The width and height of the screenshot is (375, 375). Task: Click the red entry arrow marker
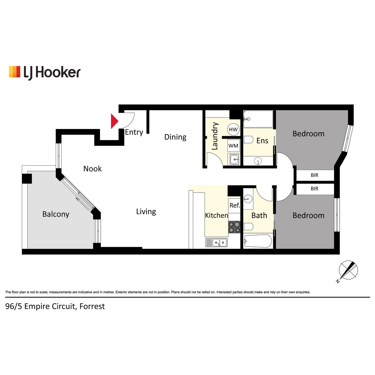[x=114, y=121]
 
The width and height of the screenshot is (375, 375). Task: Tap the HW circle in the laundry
[x=233, y=129]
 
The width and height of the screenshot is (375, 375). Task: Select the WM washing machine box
[x=233, y=146]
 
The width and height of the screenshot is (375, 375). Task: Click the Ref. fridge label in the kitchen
[x=234, y=205]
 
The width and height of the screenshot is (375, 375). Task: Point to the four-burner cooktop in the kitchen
[x=234, y=227]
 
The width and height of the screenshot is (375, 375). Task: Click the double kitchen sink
[x=216, y=242]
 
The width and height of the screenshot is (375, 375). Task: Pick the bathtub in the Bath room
[x=258, y=241]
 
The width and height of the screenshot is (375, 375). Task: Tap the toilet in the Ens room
[x=248, y=140]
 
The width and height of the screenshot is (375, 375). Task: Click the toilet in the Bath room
[x=248, y=226]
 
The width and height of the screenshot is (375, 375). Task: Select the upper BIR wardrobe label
[x=314, y=175]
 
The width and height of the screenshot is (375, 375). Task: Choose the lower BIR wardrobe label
[x=314, y=188]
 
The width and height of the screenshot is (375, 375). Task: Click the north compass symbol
[x=348, y=271]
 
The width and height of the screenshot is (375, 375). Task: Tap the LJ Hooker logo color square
[x=15, y=72]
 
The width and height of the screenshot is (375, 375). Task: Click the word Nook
[x=92, y=169]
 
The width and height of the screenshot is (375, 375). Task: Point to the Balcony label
[x=56, y=214]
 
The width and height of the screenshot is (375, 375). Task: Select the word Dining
[x=175, y=137]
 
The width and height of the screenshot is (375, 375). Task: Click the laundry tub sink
[x=234, y=160]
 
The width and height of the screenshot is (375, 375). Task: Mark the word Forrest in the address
[x=92, y=307]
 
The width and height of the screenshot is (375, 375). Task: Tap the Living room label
[x=146, y=212]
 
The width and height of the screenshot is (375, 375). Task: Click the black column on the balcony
[x=27, y=179]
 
